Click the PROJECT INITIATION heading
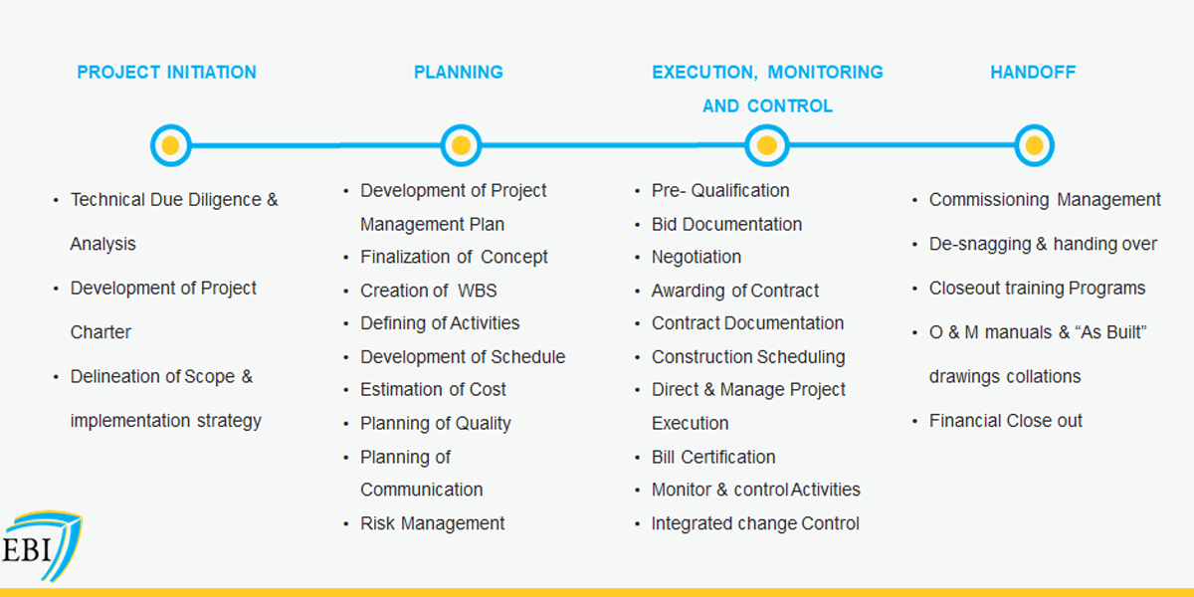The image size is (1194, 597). [166, 72]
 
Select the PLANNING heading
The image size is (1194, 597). [459, 72]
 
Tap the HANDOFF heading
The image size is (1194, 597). [1033, 72]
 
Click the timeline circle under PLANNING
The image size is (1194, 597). [461, 145]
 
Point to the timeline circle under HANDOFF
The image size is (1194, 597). [1034, 145]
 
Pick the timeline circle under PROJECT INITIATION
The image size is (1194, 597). [170, 145]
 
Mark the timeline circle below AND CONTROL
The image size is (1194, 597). [767, 145]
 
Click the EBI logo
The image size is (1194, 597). [42, 546]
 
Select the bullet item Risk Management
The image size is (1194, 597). [432, 523]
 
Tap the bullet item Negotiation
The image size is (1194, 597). [696, 257]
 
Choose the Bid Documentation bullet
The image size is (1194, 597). [726, 225]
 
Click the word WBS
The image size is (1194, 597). [477, 291]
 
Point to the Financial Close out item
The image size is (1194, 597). [1006, 421]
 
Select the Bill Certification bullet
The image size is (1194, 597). [713, 458]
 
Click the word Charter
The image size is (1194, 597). [100, 332]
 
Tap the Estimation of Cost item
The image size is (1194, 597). [433, 390]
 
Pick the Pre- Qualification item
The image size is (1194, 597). [720, 190]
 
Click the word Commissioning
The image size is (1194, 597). [989, 200]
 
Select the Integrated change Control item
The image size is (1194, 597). [755, 523]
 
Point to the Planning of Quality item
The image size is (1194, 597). [436, 423]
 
